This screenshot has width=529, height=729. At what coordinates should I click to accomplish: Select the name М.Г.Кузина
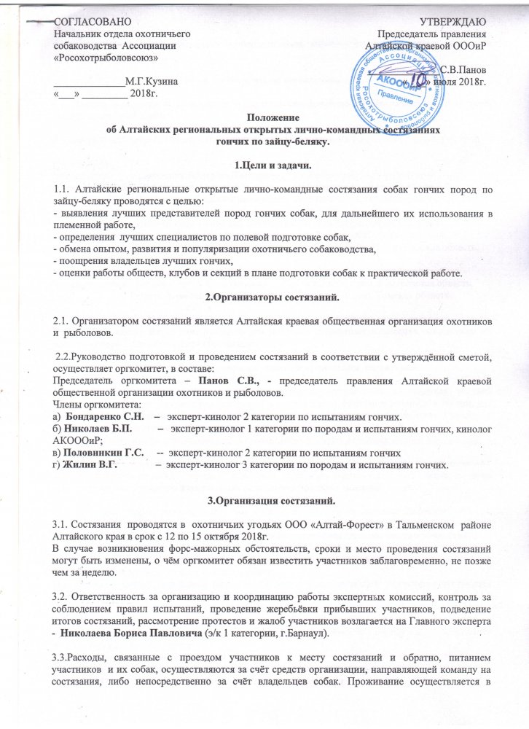[150, 83]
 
